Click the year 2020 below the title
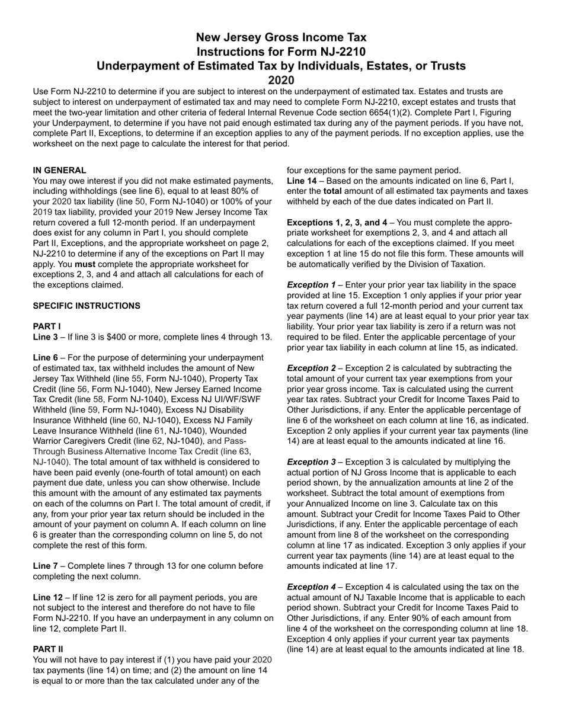click(x=281, y=80)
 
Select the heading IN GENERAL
click(x=59, y=170)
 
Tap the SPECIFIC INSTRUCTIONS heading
click(x=87, y=306)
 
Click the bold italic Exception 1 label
click(x=311, y=284)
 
